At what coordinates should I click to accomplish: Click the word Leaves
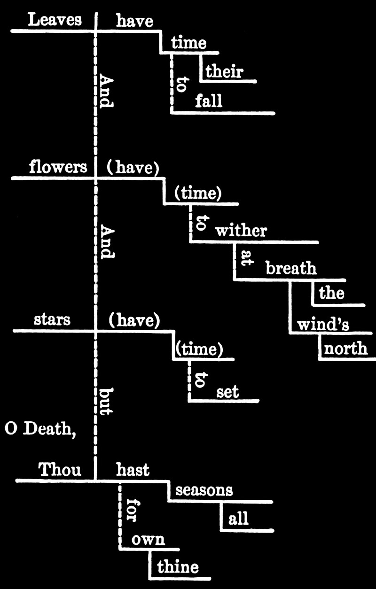click(x=55, y=20)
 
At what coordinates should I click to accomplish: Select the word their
click(x=224, y=71)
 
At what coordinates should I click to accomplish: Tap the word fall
click(x=209, y=101)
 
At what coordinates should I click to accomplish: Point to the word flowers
click(x=58, y=167)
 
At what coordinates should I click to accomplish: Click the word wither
click(x=241, y=231)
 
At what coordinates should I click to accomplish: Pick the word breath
click(x=291, y=268)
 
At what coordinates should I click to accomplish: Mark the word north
click(x=346, y=349)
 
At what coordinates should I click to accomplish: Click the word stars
click(x=52, y=320)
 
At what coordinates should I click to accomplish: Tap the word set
click(x=227, y=391)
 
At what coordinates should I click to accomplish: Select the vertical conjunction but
click(x=106, y=401)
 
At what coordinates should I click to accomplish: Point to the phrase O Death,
click(x=40, y=428)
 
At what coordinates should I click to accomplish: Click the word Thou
click(x=60, y=470)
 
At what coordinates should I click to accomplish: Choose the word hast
click(x=133, y=470)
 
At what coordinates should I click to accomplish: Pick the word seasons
click(x=204, y=490)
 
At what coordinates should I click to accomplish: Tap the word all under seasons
click(x=238, y=519)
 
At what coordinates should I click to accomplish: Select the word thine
click(x=178, y=567)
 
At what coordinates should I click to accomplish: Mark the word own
click(x=148, y=539)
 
